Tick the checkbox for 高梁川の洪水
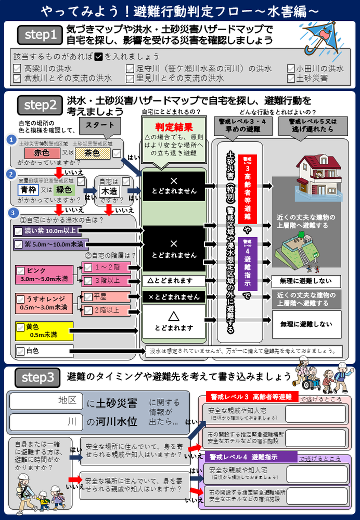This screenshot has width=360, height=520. [17, 69]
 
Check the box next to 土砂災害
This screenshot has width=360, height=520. [291, 79]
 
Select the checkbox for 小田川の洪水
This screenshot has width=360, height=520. [291, 69]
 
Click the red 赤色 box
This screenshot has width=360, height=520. [41, 153]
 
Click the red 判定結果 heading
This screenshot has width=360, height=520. [174, 127]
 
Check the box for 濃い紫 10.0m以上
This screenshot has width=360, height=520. [19, 230]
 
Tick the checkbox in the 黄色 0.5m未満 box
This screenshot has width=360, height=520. [21, 328]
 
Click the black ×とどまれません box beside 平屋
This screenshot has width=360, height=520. [174, 297]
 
